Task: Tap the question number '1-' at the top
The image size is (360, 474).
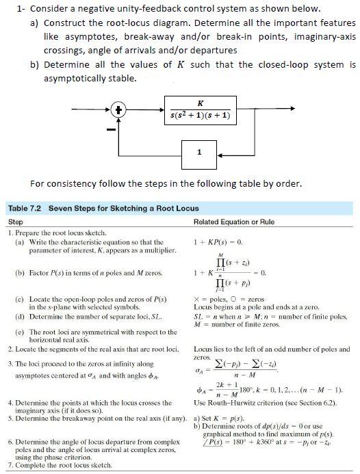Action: click(x=21, y=8)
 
